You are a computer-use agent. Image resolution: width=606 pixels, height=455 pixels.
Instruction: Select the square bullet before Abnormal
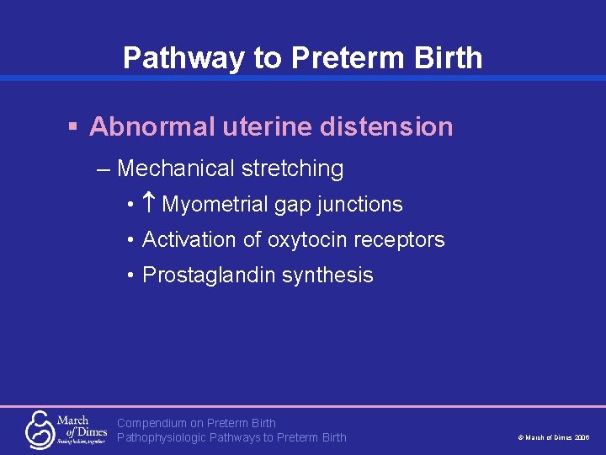point(73,126)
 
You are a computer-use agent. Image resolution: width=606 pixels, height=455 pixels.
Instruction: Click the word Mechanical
point(176,169)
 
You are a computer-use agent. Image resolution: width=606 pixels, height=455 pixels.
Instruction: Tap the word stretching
point(292,169)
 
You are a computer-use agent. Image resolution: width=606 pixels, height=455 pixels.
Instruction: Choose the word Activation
point(190,240)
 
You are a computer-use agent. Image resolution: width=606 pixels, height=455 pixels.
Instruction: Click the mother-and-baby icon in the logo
point(40,429)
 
